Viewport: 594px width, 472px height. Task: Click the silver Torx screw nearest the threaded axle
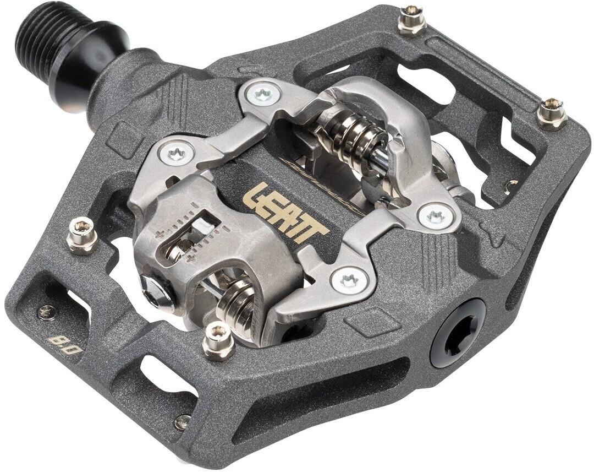pyautogui.click(x=263, y=93)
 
